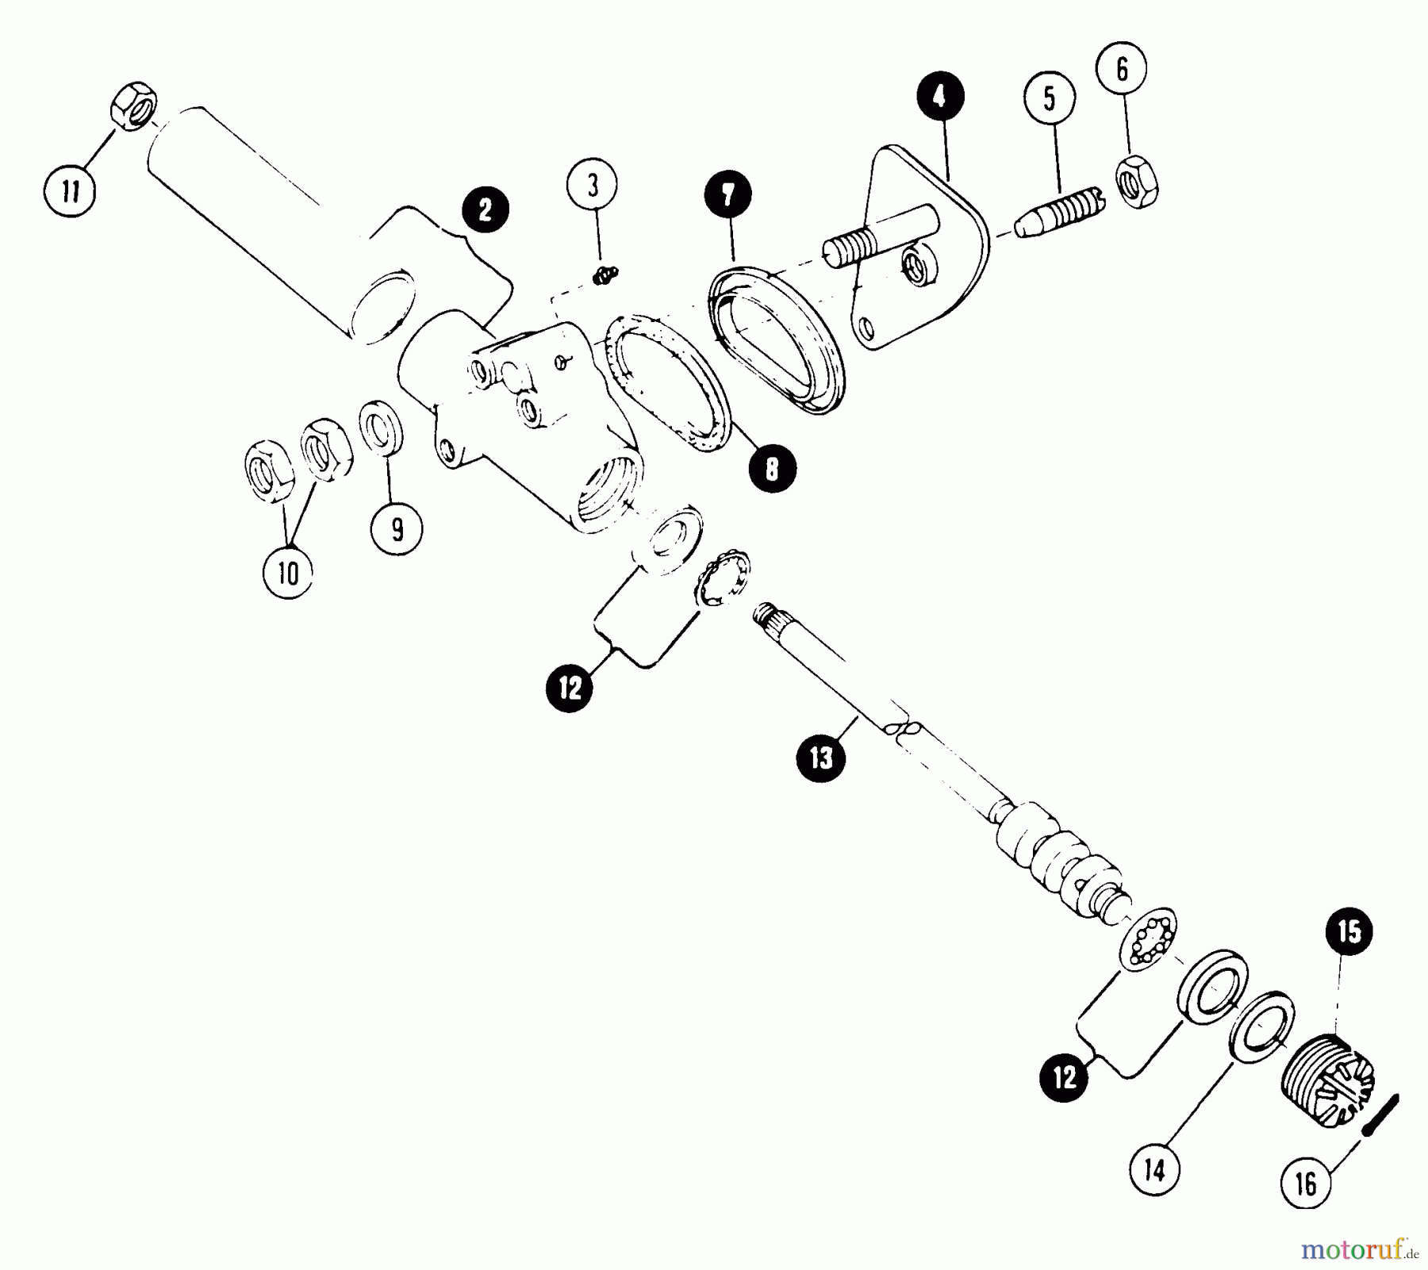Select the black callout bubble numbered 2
click(485, 209)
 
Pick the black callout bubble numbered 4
click(939, 97)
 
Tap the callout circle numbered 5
click(1050, 100)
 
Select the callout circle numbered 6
click(1122, 70)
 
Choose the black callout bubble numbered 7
click(728, 195)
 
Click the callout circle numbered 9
click(397, 528)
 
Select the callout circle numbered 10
click(288, 573)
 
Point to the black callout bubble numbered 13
click(821, 758)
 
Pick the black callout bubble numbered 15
click(1349, 932)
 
